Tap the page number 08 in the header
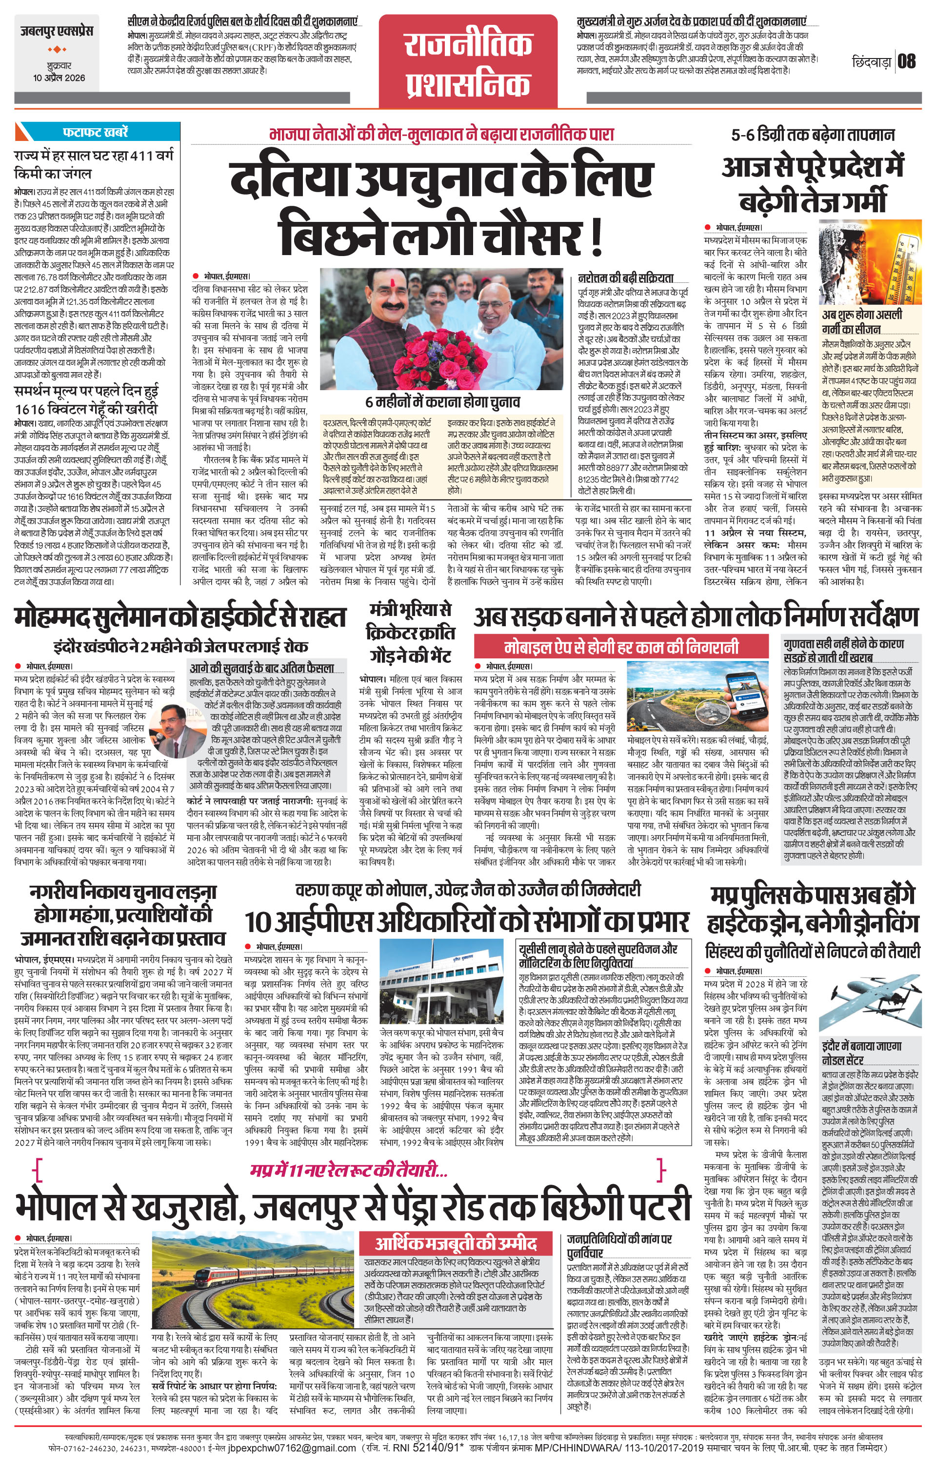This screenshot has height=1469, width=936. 907,61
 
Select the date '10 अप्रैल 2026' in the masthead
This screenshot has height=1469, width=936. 59,78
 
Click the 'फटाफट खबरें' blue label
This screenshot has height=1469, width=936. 95,132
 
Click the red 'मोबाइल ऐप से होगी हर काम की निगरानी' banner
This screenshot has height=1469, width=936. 622,647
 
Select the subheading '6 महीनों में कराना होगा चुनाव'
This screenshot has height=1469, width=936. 442,403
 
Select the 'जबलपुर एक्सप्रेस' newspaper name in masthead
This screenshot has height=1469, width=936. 56,32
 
